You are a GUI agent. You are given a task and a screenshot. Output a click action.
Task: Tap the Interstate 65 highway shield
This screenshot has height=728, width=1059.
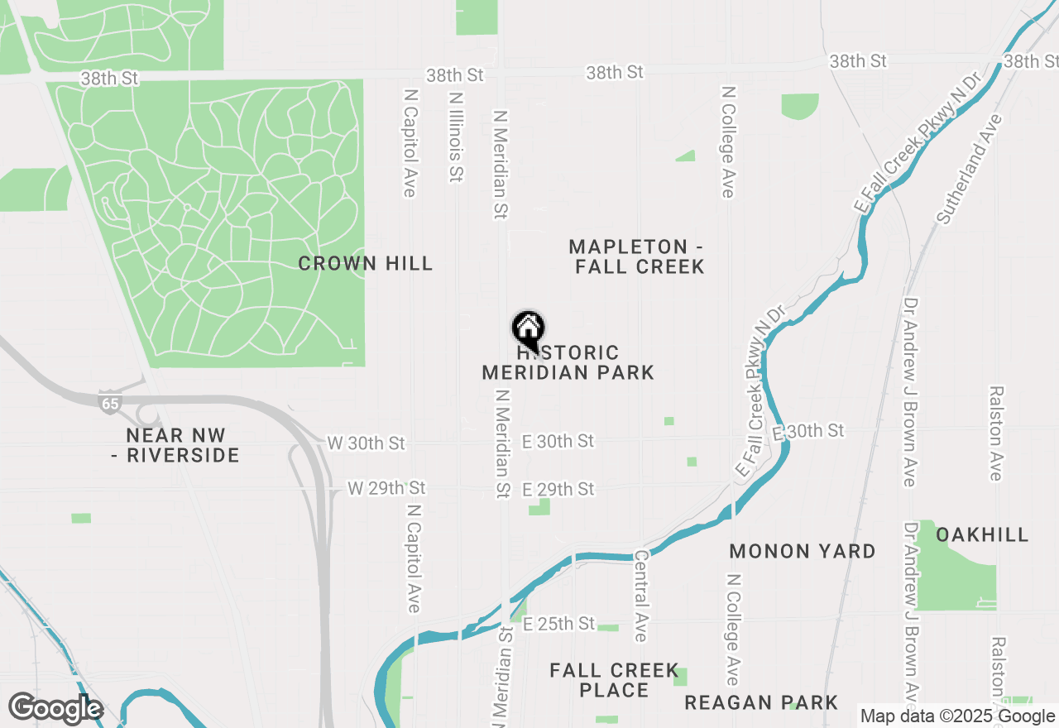point(108,402)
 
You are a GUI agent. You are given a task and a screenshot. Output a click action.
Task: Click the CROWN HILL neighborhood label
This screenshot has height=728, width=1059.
point(365,264)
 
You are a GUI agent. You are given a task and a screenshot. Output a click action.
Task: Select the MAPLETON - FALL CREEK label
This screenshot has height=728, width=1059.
point(637,256)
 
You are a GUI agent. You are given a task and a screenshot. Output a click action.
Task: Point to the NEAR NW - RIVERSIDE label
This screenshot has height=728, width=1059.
point(175,445)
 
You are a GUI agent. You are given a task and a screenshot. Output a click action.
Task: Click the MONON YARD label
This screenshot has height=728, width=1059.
point(802,551)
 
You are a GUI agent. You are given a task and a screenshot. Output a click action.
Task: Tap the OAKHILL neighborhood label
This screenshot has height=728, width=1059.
point(982,534)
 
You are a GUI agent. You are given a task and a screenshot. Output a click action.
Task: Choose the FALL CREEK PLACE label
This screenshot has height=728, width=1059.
point(614,680)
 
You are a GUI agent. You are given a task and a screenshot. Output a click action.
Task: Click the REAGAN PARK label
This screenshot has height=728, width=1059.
point(760,703)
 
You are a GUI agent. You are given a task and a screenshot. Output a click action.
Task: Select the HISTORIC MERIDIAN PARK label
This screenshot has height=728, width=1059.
point(568,363)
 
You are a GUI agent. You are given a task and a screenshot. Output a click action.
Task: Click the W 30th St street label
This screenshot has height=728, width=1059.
point(366,443)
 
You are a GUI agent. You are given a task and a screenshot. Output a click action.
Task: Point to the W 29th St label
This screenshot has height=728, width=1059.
point(386,488)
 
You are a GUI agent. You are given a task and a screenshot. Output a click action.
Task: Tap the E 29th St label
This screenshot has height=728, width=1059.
point(558,490)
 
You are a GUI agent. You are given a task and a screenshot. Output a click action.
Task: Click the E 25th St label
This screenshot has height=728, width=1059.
point(558,623)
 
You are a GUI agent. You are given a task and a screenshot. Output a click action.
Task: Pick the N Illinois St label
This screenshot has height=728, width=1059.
point(455,136)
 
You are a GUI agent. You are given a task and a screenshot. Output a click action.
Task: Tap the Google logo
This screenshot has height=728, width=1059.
point(55,708)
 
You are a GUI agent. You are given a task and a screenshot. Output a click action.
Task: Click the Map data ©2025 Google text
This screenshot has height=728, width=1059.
point(957,716)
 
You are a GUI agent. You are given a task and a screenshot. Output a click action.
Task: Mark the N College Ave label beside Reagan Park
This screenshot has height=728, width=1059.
point(732,629)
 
